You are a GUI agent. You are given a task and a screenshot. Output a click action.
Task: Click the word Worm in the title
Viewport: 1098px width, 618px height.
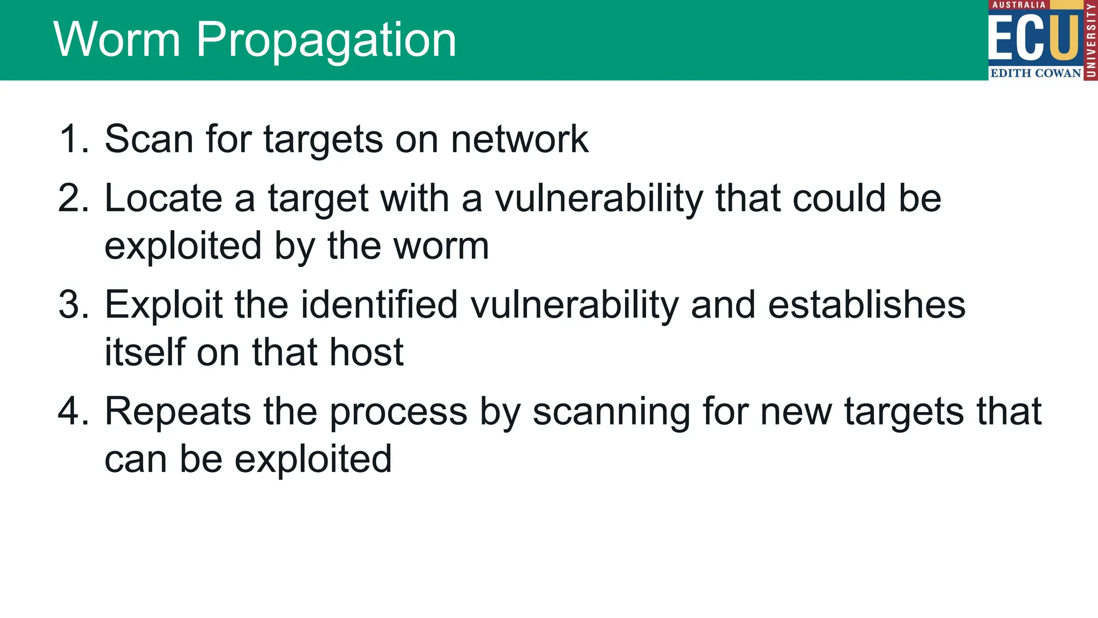click(116, 40)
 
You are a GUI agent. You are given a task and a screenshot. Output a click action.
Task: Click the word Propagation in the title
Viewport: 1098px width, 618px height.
click(326, 41)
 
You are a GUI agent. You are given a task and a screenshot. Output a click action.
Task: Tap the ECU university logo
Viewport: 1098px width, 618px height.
click(1042, 40)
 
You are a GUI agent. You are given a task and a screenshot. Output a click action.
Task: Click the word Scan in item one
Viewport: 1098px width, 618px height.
click(149, 139)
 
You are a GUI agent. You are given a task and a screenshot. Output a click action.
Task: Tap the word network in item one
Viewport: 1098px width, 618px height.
click(519, 139)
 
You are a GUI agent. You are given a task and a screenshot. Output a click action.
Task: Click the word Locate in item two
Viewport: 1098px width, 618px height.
click(163, 198)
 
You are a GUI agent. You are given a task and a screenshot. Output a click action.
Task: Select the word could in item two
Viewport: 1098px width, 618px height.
click(839, 198)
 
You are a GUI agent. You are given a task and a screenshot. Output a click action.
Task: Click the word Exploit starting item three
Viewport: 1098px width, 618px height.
click(163, 305)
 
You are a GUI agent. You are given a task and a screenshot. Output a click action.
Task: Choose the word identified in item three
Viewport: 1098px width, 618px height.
click(379, 305)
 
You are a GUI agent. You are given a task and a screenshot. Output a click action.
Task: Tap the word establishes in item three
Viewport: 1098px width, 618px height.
click(866, 305)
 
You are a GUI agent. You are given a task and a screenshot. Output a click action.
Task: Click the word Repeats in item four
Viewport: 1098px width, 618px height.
click(177, 411)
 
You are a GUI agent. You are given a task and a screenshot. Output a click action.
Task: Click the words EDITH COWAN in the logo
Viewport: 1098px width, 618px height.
click(1035, 73)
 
